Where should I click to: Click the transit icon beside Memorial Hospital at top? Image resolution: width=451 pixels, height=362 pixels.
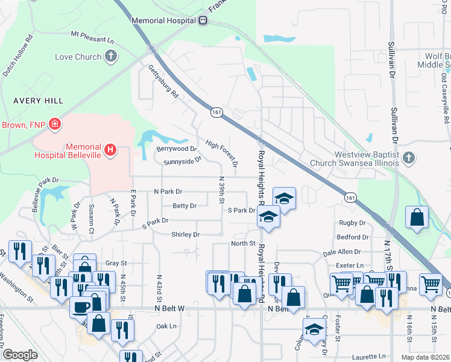point(203,20)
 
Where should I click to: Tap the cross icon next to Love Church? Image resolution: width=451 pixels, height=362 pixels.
point(110,57)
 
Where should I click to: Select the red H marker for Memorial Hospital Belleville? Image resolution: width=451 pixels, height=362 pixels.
point(110,149)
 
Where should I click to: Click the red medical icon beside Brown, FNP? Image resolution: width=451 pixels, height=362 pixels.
point(55,124)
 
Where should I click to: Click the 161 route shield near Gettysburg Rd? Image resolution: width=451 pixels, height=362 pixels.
point(216,112)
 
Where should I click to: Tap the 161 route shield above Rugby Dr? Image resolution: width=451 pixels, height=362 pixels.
point(350,197)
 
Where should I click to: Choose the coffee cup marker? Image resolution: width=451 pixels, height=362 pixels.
point(80,306)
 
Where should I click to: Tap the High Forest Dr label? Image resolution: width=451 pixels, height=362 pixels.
point(221,153)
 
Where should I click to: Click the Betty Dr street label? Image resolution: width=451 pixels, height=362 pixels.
point(184,206)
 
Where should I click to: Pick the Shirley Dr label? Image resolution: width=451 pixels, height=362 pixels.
point(185,234)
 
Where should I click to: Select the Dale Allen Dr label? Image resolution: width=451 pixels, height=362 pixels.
point(342,252)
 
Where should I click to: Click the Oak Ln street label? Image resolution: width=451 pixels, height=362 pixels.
point(166,326)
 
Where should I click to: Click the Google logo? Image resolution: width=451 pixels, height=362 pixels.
point(20,355)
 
